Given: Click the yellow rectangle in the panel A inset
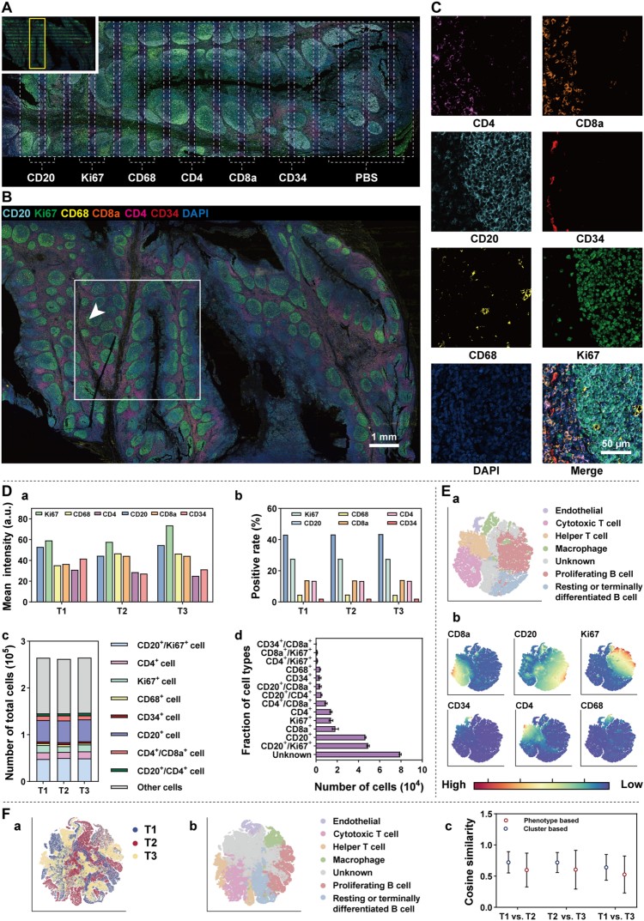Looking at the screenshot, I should click(36, 43).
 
